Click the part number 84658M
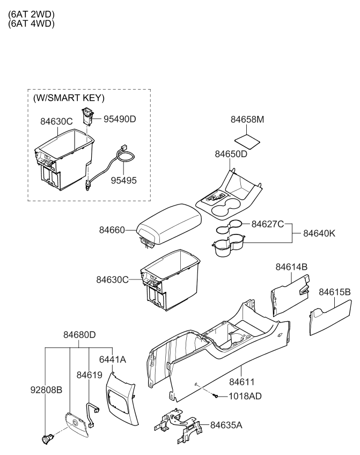point(247,120)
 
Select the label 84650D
point(231,154)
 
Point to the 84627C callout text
point(268,224)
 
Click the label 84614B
point(291,267)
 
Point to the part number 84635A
point(226,425)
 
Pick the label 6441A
point(112,359)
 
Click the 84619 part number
point(89,375)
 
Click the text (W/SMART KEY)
point(69,98)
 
